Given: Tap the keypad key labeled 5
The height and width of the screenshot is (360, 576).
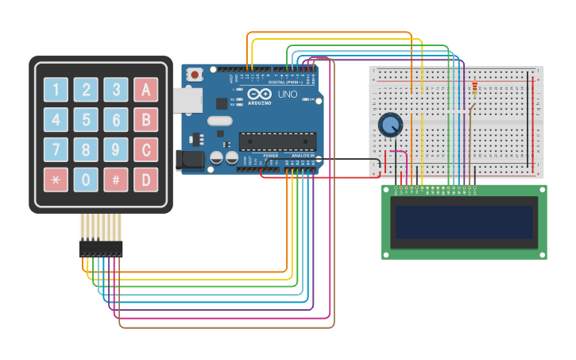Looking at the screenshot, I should pos(86,119).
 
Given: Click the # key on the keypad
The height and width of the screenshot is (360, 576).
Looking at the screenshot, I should pos(116,180).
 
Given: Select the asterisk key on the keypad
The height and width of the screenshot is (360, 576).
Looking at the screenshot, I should pos(56,180).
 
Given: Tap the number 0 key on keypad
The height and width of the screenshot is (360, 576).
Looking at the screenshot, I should pos(86,180).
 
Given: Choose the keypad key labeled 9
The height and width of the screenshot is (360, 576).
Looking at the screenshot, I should pos(116,149).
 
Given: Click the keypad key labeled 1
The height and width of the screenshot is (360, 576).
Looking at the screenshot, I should pos(56,89).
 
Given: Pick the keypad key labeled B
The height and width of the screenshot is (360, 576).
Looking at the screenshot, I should pos(145,119).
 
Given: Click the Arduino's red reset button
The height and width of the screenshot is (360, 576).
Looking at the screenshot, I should pos(194,75).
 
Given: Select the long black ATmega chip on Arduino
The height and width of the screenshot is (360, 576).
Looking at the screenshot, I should pos(277,141).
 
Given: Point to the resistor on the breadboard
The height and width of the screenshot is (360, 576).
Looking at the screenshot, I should pos(474,88).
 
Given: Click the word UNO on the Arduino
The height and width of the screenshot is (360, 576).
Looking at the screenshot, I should pos(287,94).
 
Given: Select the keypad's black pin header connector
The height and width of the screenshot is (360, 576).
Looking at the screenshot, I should pos(101,249).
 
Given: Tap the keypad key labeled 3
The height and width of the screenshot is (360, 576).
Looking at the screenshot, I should pos(116,89).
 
